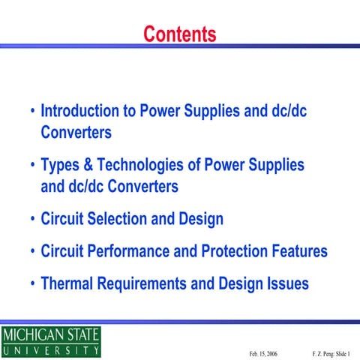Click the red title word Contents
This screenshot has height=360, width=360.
[180, 34]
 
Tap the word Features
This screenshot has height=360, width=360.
[301, 251]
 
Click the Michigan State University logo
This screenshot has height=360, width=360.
[50, 341]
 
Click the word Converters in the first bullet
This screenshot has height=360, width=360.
[76, 133]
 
